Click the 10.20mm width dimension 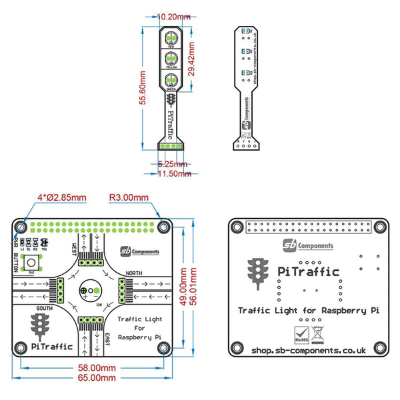(x=172, y=15)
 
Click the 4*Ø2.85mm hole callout (x=61, y=197)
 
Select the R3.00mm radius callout (x=131, y=197)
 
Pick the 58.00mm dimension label (x=96, y=367)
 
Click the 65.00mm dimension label (x=96, y=377)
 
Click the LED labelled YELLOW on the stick (x=171, y=58)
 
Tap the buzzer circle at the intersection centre (x=89, y=291)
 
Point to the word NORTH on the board (x=133, y=273)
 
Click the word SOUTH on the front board (x=45, y=308)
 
